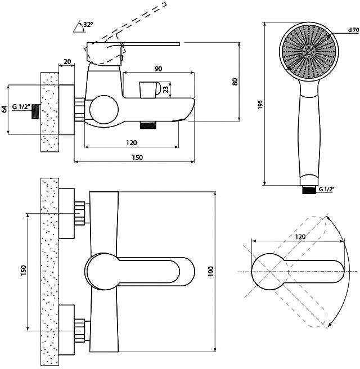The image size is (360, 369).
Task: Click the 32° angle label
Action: pyautogui.click(x=88, y=24)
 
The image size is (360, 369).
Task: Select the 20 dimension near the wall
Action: pyautogui.click(x=67, y=62)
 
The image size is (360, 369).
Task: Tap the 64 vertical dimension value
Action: pyautogui.click(x=4, y=109)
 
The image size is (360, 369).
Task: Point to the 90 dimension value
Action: pyautogui.click(x=159, y=69)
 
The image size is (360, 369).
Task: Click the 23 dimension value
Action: pyautogui.click(x=166, y=89)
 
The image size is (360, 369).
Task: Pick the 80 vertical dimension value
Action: pyautogui.click(x=235, y=82)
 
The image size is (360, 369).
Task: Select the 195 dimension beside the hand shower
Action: pyautogui.click(x=260, y=105)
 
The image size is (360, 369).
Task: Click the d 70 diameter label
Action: pyautogui.click(x=353, y=30)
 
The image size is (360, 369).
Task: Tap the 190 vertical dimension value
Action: pyautogui.click(x=211, y=271)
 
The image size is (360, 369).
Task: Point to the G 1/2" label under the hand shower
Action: pyautogui.click(x=327, y=189)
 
